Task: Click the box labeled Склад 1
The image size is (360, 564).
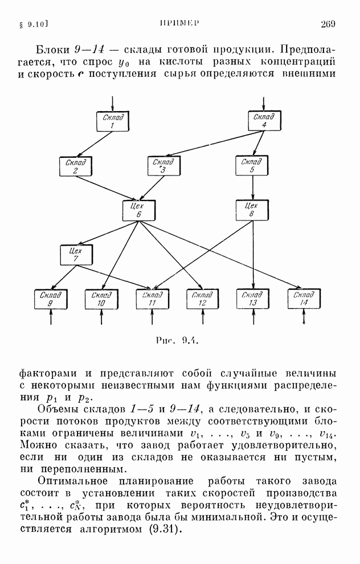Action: tap(113, 121)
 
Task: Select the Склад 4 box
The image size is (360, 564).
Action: tap(265, 121)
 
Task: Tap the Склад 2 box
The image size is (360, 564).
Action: tap(76, 166)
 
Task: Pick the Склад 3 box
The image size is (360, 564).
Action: tap(163, 166)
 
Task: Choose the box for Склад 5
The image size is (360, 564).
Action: tap(252, 165)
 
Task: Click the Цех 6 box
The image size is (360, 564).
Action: tap(138, 210)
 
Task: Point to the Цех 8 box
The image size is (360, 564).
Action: tap(252, 210)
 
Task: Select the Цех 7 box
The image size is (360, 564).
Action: tap(76, 255)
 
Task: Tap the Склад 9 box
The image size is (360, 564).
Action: tap(51, 299)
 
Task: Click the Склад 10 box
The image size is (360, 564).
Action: tap(101, 299)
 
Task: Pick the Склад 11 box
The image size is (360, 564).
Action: tap(152, 299)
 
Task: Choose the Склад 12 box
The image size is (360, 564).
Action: tap(202, 299)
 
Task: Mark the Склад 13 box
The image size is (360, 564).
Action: tap(253, 299)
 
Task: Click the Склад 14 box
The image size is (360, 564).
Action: tap(304, 299)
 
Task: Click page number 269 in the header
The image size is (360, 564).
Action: tap(328, 24)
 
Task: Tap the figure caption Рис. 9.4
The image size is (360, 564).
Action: tap(178, 340)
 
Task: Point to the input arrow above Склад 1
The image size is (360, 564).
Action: tap(113, 104)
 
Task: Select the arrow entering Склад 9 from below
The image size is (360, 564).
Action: tap(51, 317)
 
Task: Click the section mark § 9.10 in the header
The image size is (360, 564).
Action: tap(32, 24)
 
